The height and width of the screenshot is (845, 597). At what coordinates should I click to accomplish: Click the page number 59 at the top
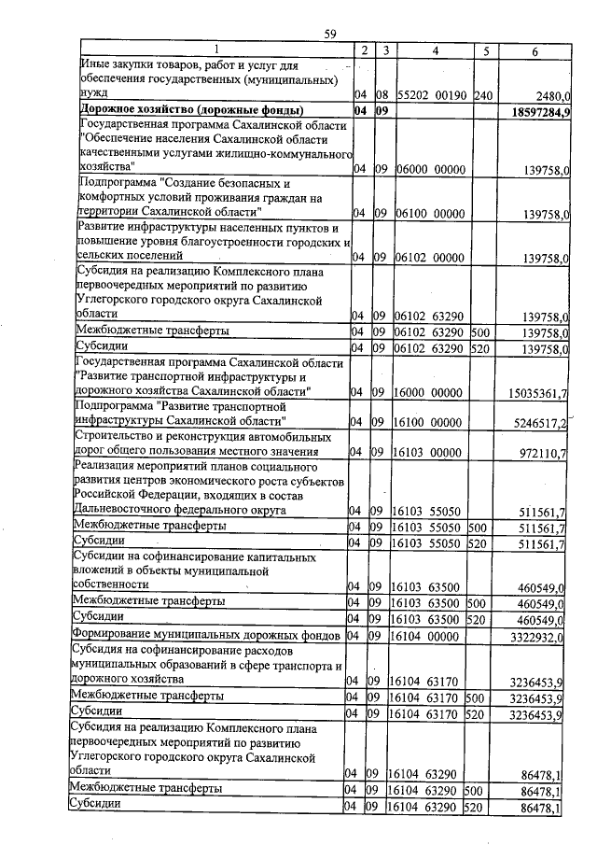329,35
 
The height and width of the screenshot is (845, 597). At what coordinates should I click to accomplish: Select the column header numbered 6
535,50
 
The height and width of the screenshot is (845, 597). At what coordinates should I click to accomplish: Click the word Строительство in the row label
118,437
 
